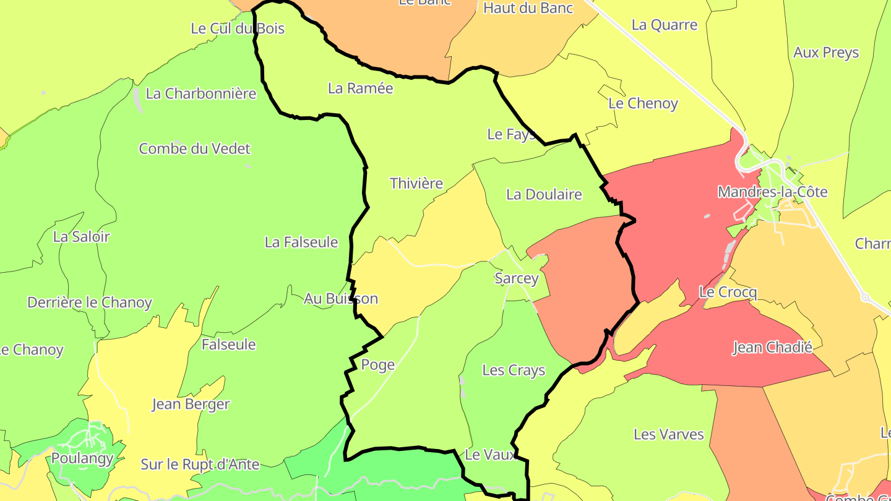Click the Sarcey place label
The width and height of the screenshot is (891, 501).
[517, 278]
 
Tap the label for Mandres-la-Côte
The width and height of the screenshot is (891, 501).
[772, 192]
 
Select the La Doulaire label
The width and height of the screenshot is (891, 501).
[544, 194]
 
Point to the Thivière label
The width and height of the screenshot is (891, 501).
[416, 183]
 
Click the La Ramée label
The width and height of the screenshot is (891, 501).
[360, 88]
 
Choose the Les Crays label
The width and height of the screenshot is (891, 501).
[514, 370]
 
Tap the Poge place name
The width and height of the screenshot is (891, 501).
[377, 365]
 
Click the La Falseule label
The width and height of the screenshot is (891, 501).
[301, 242]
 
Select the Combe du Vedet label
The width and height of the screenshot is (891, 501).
[194, 148]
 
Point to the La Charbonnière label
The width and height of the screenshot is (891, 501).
[201, 93]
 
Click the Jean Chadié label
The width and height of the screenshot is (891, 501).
[772, 348]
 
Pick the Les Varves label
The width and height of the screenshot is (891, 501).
[669, 434]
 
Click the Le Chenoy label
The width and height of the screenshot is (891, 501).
[643, 103]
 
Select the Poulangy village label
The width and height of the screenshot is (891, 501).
[82, 458]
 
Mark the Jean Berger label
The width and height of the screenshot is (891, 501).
[191, 405]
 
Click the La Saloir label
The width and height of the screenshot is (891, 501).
[81, 236]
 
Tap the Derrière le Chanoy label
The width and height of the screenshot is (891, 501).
[90, 302]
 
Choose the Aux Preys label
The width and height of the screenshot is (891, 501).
[826, 53]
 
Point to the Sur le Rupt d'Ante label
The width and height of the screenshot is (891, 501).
[200, 464]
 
